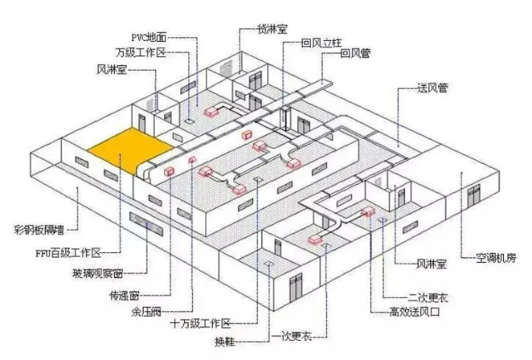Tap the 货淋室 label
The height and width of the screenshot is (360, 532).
coord(271,30)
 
